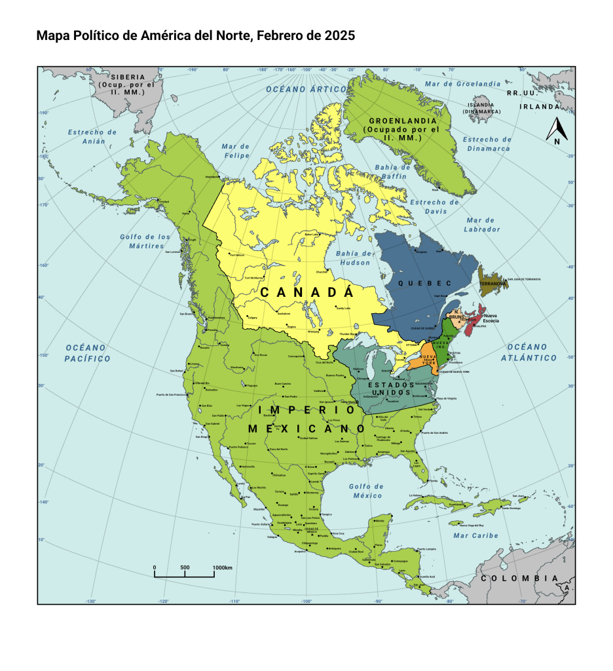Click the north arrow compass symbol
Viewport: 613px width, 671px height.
point(556,130)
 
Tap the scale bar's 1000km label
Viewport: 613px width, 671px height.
point(222,567)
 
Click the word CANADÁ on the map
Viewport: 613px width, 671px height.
point(306,292)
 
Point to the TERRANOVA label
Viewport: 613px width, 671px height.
point(493,284)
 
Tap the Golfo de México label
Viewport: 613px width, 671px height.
point(366,491)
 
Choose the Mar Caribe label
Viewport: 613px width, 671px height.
point(475,535)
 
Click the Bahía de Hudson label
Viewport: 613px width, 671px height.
point(354,258)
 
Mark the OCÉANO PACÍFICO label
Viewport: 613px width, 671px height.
point(87,353)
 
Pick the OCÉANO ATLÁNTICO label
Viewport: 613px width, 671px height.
point(528,352)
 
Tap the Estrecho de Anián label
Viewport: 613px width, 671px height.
point(92,136)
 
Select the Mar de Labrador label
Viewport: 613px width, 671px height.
point(482,225)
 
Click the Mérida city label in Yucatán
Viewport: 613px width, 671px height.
point(380,521)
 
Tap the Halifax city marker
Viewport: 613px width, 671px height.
point(475,326)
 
